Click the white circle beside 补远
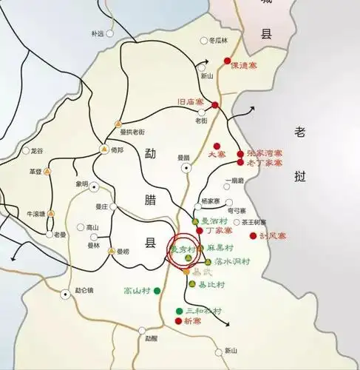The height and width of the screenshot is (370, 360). pos(109,33)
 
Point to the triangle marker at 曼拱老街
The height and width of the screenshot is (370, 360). pos(117,124)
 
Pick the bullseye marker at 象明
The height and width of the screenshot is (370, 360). pos(92,184)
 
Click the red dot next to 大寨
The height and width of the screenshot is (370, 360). pos(216,146)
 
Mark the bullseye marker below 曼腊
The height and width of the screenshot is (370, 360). pos(186,168)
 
